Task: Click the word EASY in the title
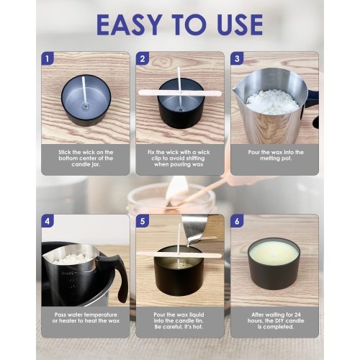[130, 24]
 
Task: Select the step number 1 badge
[48, 58]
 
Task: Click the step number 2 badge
[143, 58]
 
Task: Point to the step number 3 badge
[237, 58]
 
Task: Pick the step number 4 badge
[48, 221]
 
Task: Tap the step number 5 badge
[143, 221]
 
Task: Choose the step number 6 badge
[237, 221]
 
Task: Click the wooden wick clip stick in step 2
[180, 93]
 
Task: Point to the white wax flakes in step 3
[272, 102]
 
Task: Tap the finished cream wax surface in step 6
[274, 253]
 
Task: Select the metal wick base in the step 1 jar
[85, 105]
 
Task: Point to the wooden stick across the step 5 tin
[179, 254]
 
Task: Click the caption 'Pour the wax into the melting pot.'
[276, 156]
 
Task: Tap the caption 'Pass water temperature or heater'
[86, 318]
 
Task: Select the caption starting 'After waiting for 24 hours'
[276, 320]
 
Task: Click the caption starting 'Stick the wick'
[86, 158]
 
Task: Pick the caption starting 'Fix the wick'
[179, 158]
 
